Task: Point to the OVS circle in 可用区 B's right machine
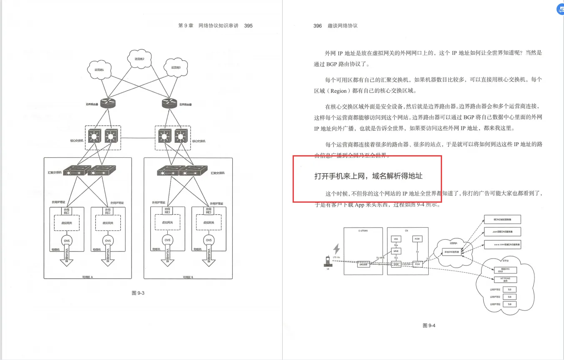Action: coord(209,240)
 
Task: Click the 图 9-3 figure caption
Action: coord(138,293)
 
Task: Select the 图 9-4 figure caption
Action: coord(429,325)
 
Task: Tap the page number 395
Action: coord(248,25)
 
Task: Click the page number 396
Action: coord(317,25)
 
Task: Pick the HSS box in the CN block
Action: coord(396,239)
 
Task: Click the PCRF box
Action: coord(417,239)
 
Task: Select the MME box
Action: coord(396,251)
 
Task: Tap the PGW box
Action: coord(417,264)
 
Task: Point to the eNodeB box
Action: coord(364,264)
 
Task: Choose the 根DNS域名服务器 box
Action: coord(502,219)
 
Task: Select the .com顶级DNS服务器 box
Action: coord(502,232)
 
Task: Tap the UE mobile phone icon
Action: coord(328,261)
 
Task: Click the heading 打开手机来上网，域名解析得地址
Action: coord(368,176)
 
